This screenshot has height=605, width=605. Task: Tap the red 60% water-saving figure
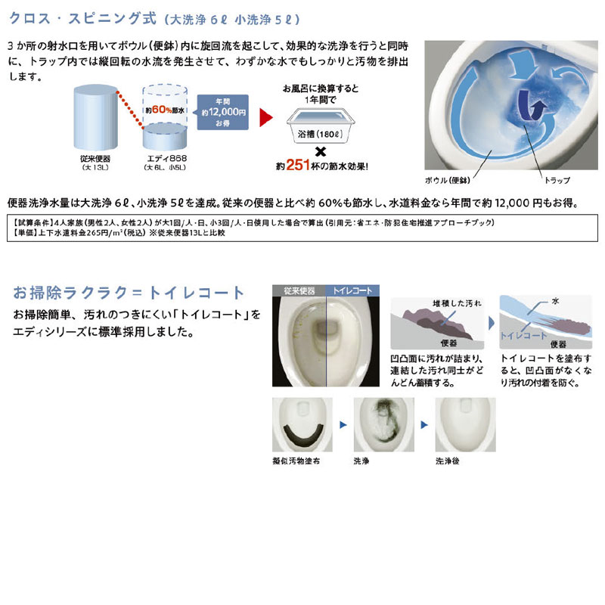coord(162,109)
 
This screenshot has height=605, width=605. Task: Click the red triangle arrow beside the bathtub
coord(265,118)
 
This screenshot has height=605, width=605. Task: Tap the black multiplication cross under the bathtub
coord(321,151)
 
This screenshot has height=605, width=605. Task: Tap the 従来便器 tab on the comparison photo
coord(299,290)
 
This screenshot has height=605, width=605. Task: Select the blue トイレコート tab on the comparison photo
coord(352,290)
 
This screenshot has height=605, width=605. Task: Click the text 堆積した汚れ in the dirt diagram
coord(454,302)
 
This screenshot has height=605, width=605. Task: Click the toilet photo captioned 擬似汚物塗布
coord(299,426)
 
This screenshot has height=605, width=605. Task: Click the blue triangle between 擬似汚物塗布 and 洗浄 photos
coord(343,426)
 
